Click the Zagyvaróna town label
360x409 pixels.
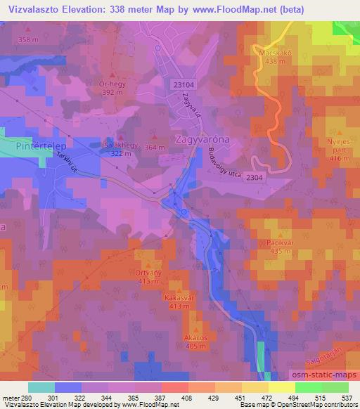tap(204, 139)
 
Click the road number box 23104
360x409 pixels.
tap(180, 83)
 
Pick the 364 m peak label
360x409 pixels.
tap(155, 148)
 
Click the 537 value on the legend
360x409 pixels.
tap(347, 398)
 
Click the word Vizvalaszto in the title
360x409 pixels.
tap(32, 10)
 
